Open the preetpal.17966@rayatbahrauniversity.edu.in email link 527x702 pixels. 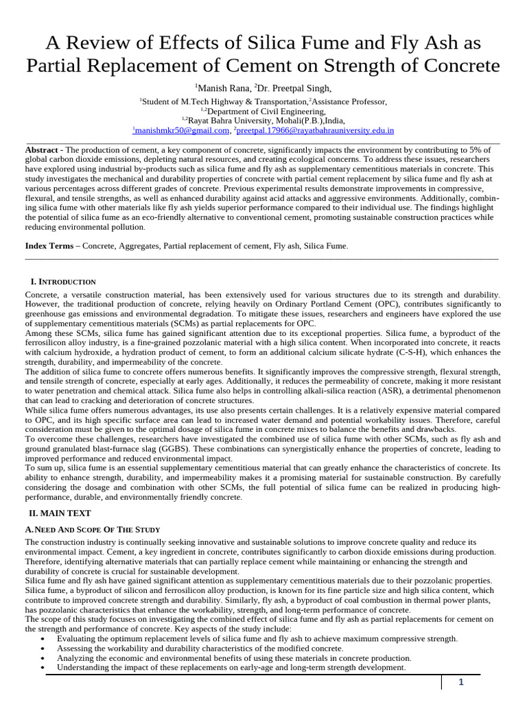point(315,130)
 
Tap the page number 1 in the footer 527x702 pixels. point(461,682)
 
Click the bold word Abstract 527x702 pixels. point(41,149)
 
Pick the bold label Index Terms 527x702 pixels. point(49,245)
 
